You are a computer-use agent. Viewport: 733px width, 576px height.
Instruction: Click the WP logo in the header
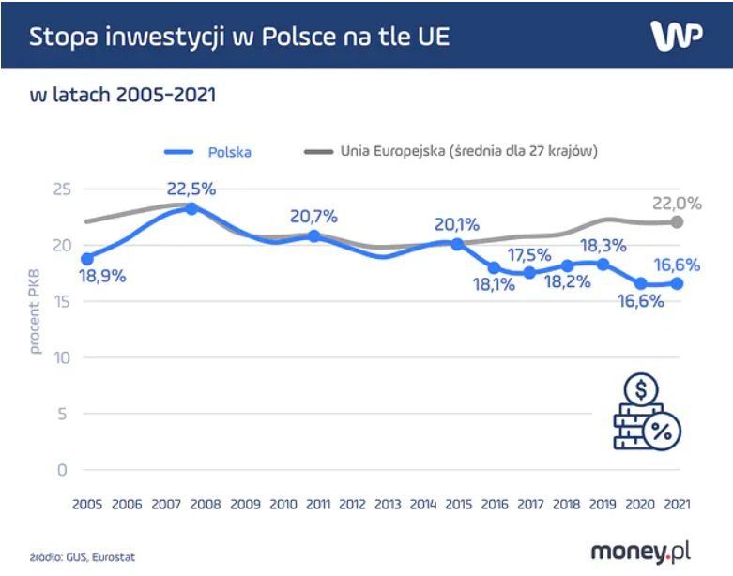pos(676,36)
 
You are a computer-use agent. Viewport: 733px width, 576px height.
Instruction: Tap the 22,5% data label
pos(191,189)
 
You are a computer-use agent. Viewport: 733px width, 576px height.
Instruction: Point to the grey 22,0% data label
pos(677,204)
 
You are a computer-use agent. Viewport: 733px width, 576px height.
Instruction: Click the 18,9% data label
pos(103,277)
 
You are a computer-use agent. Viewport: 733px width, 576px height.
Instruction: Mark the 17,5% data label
pos(529,254)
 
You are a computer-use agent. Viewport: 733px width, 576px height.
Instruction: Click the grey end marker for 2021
pos(677,221)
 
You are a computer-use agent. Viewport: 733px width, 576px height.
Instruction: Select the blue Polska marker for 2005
pos(87,258)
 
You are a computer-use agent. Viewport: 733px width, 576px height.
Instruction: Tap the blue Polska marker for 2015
pos(457,244)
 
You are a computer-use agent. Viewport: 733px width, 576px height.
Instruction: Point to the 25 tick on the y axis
pos(62,190)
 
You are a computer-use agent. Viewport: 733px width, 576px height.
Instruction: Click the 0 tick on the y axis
pos(63,470)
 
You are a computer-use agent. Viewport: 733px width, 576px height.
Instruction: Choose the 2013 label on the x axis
pos(387,505)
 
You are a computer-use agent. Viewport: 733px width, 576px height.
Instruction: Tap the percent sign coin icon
pos(661,432)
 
